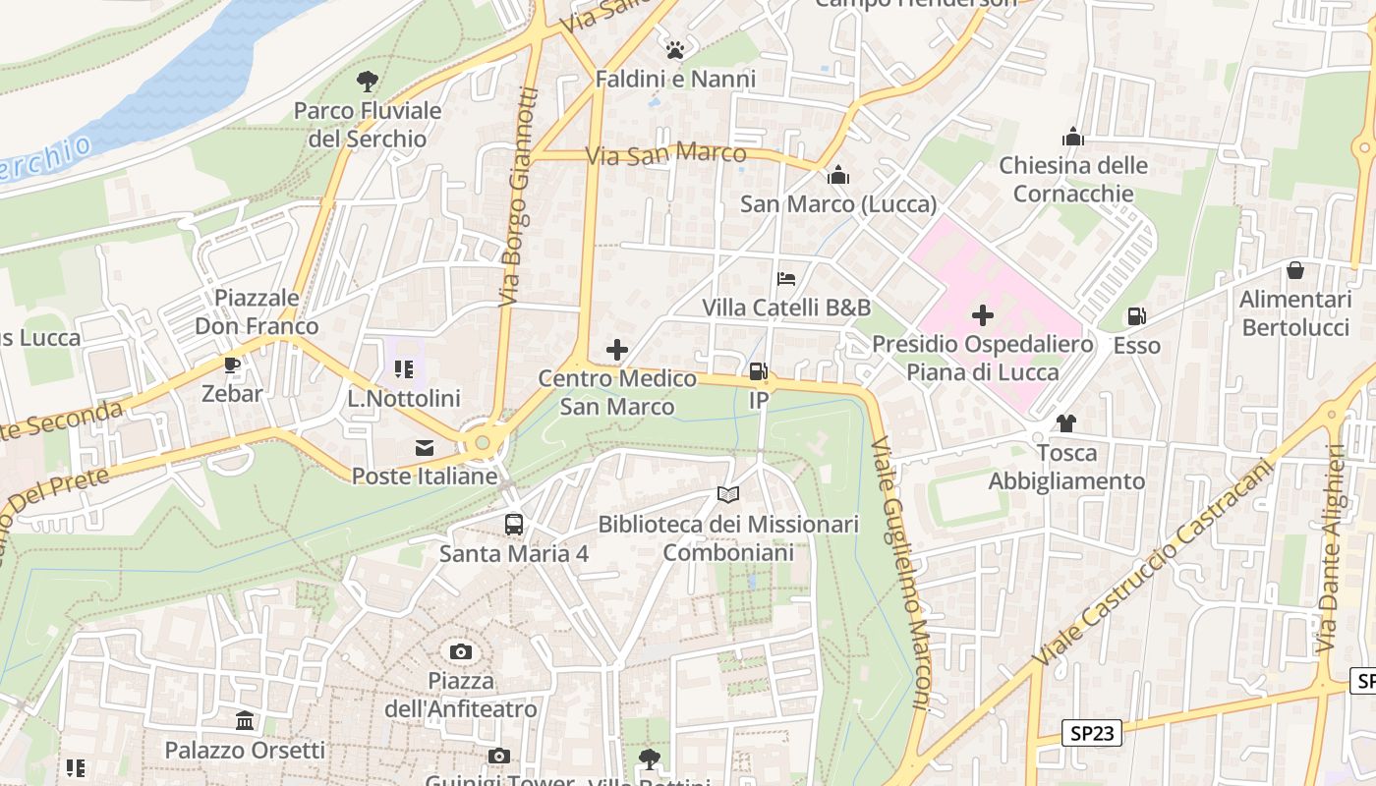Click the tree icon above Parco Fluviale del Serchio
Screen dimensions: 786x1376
[x=368, y=82]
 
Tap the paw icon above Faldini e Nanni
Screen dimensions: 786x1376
[x=674, y=50]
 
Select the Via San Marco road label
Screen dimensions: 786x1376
[x=680, y=154]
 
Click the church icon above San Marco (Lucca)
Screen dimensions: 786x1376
[x=838, y=176]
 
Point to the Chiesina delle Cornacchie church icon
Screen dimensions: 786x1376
[x=1073, y=137]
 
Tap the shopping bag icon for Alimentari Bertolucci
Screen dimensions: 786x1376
[x=1295, y=270]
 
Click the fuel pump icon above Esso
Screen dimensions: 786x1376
[x=1136, y=316]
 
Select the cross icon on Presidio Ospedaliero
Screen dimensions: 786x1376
[x=982, y=315]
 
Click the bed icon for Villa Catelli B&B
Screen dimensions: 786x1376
[x=786, y=279]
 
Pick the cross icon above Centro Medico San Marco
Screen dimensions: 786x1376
[x=617, y=350]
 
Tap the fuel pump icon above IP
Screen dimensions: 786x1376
[x=758, y=371]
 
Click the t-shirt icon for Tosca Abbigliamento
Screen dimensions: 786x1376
[x=1065, y=423]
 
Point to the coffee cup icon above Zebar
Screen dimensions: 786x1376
[x=232, y=365]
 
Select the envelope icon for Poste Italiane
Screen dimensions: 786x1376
[x=425, y=448]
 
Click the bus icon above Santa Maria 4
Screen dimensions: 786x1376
[x=514, y=525]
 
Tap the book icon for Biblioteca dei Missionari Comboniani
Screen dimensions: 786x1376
[x=727, y=495]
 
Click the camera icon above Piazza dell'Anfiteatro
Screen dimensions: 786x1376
[x=460, y=651]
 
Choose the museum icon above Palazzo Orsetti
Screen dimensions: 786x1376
[x=245, y=722]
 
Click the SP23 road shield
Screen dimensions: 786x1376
[x=1091, y=733]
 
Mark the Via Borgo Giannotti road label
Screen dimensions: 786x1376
[x=518, y=196]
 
